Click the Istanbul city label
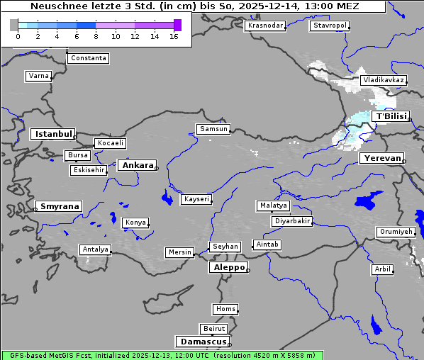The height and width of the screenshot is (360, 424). (x=52, y=133)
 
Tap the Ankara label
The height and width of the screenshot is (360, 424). (x=137, y=165)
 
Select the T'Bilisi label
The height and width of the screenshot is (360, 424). (x=391, y=116)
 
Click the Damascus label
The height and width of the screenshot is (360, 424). (x=203, y=342)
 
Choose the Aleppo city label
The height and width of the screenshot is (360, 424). (x=228, y=267)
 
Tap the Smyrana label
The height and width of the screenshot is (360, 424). (x=59, y=206)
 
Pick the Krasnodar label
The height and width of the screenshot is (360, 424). (x=265, y=26)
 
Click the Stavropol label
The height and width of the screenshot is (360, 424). (x=330, y=26)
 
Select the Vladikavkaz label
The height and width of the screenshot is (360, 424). (x=383, y=80)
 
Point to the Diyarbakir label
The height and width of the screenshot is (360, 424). (x=292, y=221)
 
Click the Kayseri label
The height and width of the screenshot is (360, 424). (x=197, y=199)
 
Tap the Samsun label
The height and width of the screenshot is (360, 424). (x=213, y=129)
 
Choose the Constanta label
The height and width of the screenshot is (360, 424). (x=89, y=58)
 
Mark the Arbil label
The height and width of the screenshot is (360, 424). (x=382, y=269)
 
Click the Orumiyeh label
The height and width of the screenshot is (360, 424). (x=395, y=232)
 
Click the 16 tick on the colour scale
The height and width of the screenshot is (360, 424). (x=174, y=36)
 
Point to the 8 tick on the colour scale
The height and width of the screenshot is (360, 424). (x=96, y=36)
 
